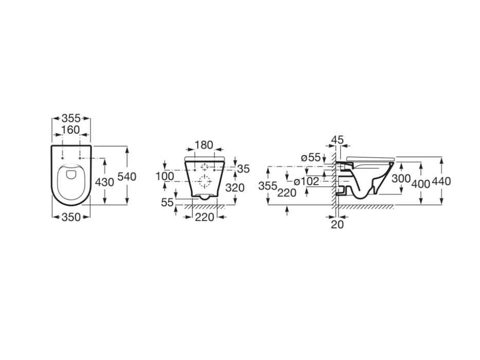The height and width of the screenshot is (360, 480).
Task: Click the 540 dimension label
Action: (127, 176)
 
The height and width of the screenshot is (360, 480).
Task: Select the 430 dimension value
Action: (104, 182)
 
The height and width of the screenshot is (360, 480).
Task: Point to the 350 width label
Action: (72, 217)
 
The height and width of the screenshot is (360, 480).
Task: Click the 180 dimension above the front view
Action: (204, 146)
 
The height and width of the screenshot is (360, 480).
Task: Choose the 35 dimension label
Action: (243, 169)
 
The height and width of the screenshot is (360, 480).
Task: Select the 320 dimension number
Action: (235, 188)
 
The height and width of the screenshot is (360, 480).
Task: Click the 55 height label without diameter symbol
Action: (167, 202)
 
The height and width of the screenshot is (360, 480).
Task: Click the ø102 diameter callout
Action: (307, 181)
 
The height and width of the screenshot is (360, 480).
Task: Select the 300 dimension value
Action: (401, 178)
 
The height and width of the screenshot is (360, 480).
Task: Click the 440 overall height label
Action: (441, 181)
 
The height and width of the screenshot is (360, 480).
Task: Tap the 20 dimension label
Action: (337, 224)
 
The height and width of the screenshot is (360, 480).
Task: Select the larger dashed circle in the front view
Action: (205, 181)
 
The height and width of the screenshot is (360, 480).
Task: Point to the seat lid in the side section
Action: (370, 157)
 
